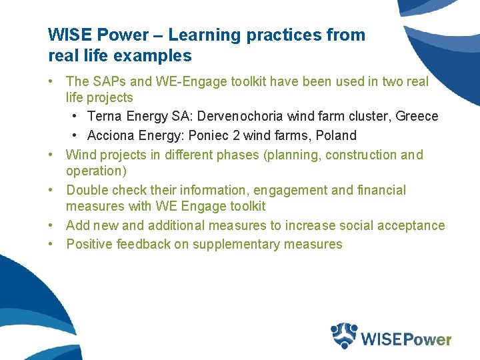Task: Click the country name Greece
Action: coord(417,117)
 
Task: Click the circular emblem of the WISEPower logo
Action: coord(345,335)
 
